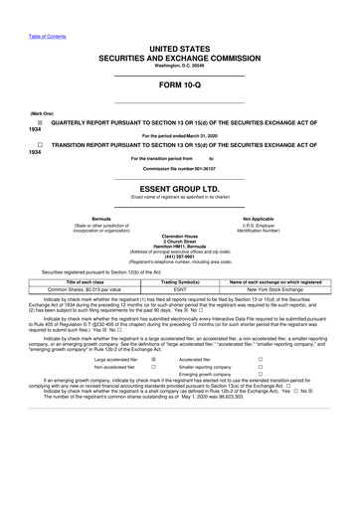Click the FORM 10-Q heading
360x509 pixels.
[x=179, y=83]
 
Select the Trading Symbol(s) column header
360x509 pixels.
[x=180, y=282]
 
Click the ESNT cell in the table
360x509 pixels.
[x=180, y=290]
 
